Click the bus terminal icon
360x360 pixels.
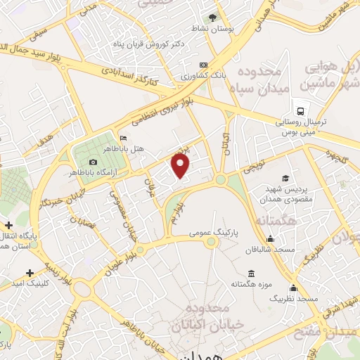(301, 111)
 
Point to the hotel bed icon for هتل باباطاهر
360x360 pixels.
(124, 138)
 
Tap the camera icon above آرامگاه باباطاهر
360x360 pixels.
(94, 162)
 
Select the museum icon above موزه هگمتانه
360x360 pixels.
(251, 274)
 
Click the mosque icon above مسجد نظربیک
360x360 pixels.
(293, 288)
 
